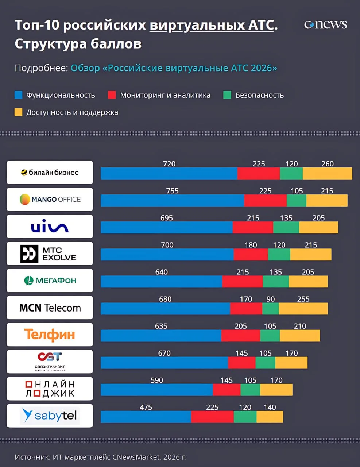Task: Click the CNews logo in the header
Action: (x=325, y=24)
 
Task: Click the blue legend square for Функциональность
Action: (x=18, y=95)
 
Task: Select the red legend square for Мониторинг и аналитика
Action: (x=112, y=95)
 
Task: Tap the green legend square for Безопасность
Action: (x=227, y=95)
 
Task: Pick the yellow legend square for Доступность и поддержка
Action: (x=18, y=112)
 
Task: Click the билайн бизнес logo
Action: (x=50, y=173)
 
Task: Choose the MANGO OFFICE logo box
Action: (x=50, y=200)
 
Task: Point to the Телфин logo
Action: (x=50, y=335)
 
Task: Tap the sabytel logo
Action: (x=50, y=416)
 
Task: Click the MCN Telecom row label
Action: (x=50, y=308)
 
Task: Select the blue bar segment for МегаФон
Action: (x=161, y=282)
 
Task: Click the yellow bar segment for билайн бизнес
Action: (x=327, y=174)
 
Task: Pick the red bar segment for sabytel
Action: (x=212, y=417)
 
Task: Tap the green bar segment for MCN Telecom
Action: (x=270, y=309)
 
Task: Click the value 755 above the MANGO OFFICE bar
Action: (x=173, y=191)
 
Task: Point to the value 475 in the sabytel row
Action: (x=146, y=407)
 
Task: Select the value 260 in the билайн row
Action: (x=327, y=164)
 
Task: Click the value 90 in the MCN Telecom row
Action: (x=270, y=299)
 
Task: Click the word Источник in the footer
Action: (x=32, y=457)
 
